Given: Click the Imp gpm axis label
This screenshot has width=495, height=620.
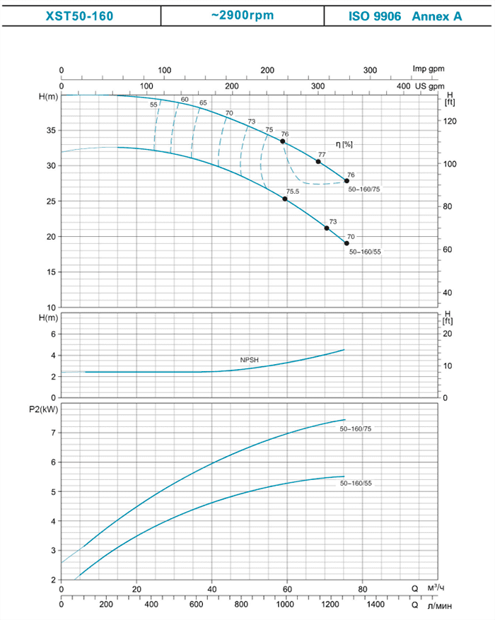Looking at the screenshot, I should point(430,69).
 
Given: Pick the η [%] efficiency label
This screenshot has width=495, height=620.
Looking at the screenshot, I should point(344,144).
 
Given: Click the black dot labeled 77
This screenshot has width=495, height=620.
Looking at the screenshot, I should point(318,162).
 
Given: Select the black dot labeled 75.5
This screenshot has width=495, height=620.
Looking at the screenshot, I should point(285,199).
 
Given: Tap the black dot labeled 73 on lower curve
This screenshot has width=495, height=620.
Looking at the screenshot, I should point(327,228).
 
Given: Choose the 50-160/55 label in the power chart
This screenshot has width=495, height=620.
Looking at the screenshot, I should point(356,484).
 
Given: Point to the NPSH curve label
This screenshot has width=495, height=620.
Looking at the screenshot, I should point(250,360).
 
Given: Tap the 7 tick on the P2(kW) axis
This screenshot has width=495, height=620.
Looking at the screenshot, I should point(52,433).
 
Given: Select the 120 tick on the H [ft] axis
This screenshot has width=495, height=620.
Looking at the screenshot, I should point(450,122).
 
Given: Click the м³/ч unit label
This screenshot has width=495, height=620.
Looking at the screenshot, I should point(437,588).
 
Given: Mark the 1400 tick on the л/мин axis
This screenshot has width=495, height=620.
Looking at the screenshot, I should point(376,605).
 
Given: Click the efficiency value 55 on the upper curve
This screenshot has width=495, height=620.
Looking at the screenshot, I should point(153,105).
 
